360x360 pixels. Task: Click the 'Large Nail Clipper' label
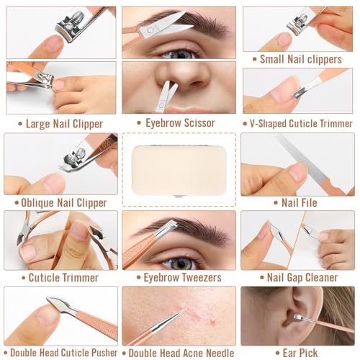click(64, 124)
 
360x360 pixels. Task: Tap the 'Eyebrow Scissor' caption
click(180, 123)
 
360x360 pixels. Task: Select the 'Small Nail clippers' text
click(301, 59)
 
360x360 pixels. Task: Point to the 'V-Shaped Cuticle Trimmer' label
click(301, 123)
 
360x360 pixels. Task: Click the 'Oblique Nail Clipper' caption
click(64, 203)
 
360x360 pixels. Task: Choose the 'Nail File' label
click(300, 202)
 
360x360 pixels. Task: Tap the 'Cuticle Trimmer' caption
click(63, 278)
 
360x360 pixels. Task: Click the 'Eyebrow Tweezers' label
click(182, 277)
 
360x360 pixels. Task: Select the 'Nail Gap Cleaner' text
click(302, 277)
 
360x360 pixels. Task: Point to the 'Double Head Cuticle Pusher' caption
click(64, 353)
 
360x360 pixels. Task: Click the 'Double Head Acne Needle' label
click(181, 353)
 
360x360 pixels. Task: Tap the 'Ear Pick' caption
click(300, 353)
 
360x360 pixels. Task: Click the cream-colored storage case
click(179, 171)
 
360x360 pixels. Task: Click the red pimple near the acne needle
click(212, 320)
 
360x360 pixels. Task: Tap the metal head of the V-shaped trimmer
click(300, 93)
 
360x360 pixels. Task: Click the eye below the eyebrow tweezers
click(181, 264)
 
